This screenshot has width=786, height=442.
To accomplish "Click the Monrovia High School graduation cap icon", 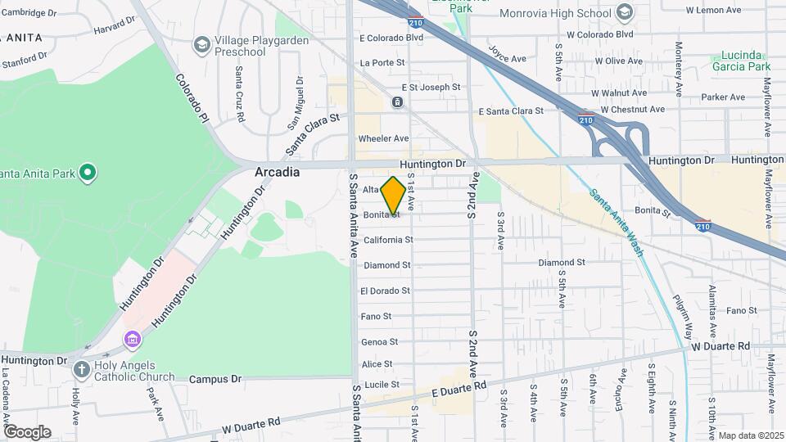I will (x=625, y=12).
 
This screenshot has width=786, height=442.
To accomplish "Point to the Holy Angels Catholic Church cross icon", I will (x=81, y=369).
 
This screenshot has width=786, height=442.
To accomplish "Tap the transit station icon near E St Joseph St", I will (x=397, y=102).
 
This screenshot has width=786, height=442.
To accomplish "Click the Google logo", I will (x=27, y=432).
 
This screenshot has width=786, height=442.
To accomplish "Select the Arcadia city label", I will (x=277, y=173).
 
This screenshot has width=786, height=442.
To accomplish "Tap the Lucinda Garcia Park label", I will (x=741, y=61).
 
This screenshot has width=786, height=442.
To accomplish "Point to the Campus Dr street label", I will (x=215, y=379).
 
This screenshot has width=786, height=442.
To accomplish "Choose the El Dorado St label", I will (x=385, y=291).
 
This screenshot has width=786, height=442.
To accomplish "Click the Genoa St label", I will (x=379, y=341).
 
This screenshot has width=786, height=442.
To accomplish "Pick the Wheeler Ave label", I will (x=383, y=138).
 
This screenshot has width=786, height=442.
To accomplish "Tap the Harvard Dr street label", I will (x=113, y=29).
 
